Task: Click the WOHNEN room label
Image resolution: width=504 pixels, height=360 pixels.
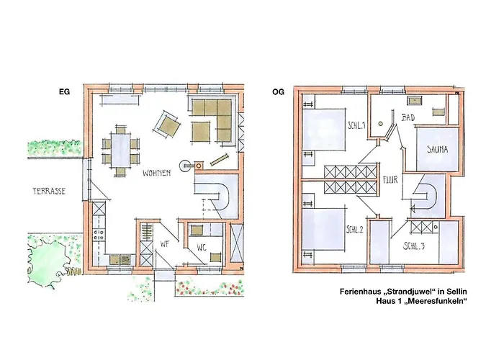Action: tap(156, 174)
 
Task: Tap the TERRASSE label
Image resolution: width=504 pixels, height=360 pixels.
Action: tap(49, 192)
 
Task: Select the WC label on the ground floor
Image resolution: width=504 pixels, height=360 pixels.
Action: tap(202, 248)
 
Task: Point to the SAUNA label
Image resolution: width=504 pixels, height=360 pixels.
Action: tap(437, 150)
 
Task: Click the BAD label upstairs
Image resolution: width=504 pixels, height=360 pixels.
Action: tap(408, 118)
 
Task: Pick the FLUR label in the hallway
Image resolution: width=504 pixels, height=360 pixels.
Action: tap(390, 180)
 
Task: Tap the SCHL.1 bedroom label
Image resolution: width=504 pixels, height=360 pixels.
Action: tap(356, 125)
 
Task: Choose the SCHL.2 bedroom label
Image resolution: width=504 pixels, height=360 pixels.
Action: tap(354, 230)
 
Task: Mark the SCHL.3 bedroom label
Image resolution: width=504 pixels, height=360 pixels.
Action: tap(414, 246)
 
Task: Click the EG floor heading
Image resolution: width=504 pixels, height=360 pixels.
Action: tap(64, 91)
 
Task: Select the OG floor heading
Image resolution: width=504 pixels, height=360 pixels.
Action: tap(278, 92)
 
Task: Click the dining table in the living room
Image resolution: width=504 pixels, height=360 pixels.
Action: tap(120, 150)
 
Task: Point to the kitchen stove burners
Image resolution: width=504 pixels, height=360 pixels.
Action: tap(99, 235)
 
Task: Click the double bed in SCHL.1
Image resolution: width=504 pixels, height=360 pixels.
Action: tap(324, 130)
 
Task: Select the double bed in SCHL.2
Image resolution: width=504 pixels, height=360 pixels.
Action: tap(324, 228)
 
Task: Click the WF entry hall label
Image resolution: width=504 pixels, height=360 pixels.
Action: tap(165, 244)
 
